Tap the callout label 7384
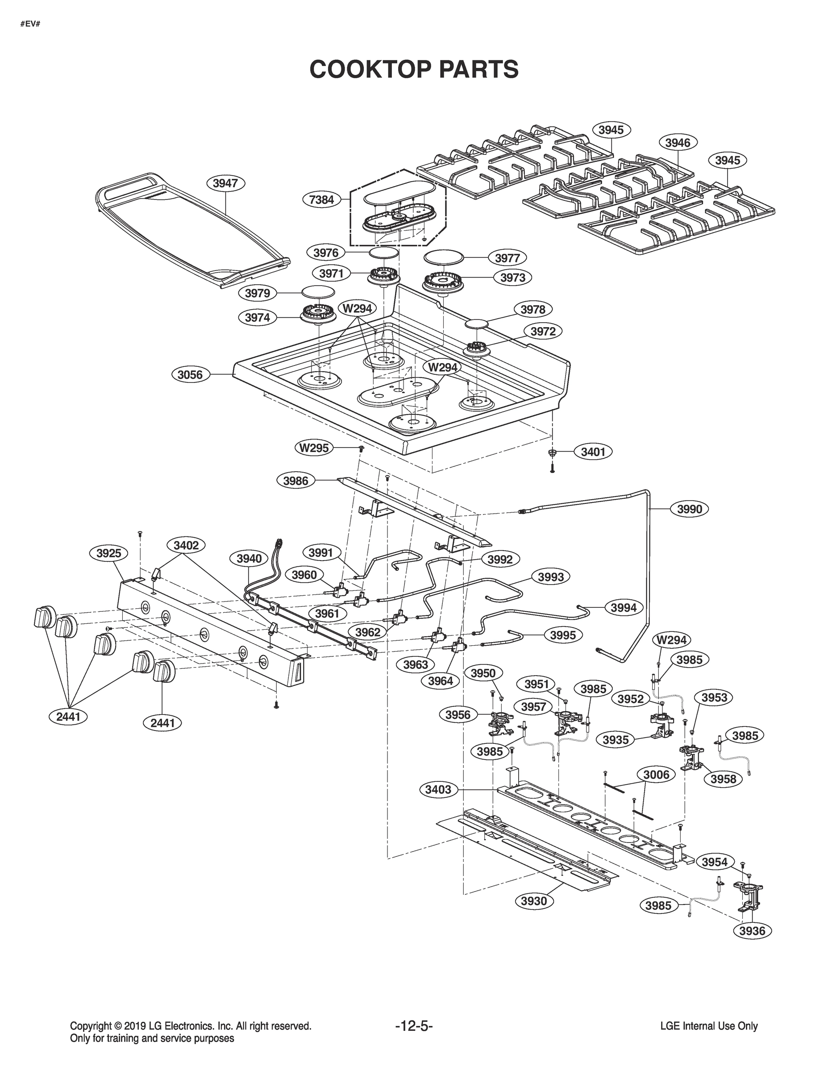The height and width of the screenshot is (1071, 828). click(321, 199)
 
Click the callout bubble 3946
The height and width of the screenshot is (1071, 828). click(678, 143)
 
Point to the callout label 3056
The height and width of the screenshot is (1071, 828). click(190, 375)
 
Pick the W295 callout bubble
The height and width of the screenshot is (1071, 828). click(314, 448)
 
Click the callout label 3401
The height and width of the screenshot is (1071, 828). click(593, 452)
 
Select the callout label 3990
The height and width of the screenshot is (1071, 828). click(689, 509)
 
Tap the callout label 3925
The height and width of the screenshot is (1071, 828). click(108, 554)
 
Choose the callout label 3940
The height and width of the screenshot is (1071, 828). click(249, 559)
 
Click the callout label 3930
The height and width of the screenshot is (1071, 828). click(534, 901)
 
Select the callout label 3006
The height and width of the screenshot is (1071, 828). click(656, 774)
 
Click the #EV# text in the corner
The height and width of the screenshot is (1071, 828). click(30, 24)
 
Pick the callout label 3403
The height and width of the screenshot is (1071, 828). click(438, 789)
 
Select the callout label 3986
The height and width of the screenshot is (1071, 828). click(296, 481)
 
